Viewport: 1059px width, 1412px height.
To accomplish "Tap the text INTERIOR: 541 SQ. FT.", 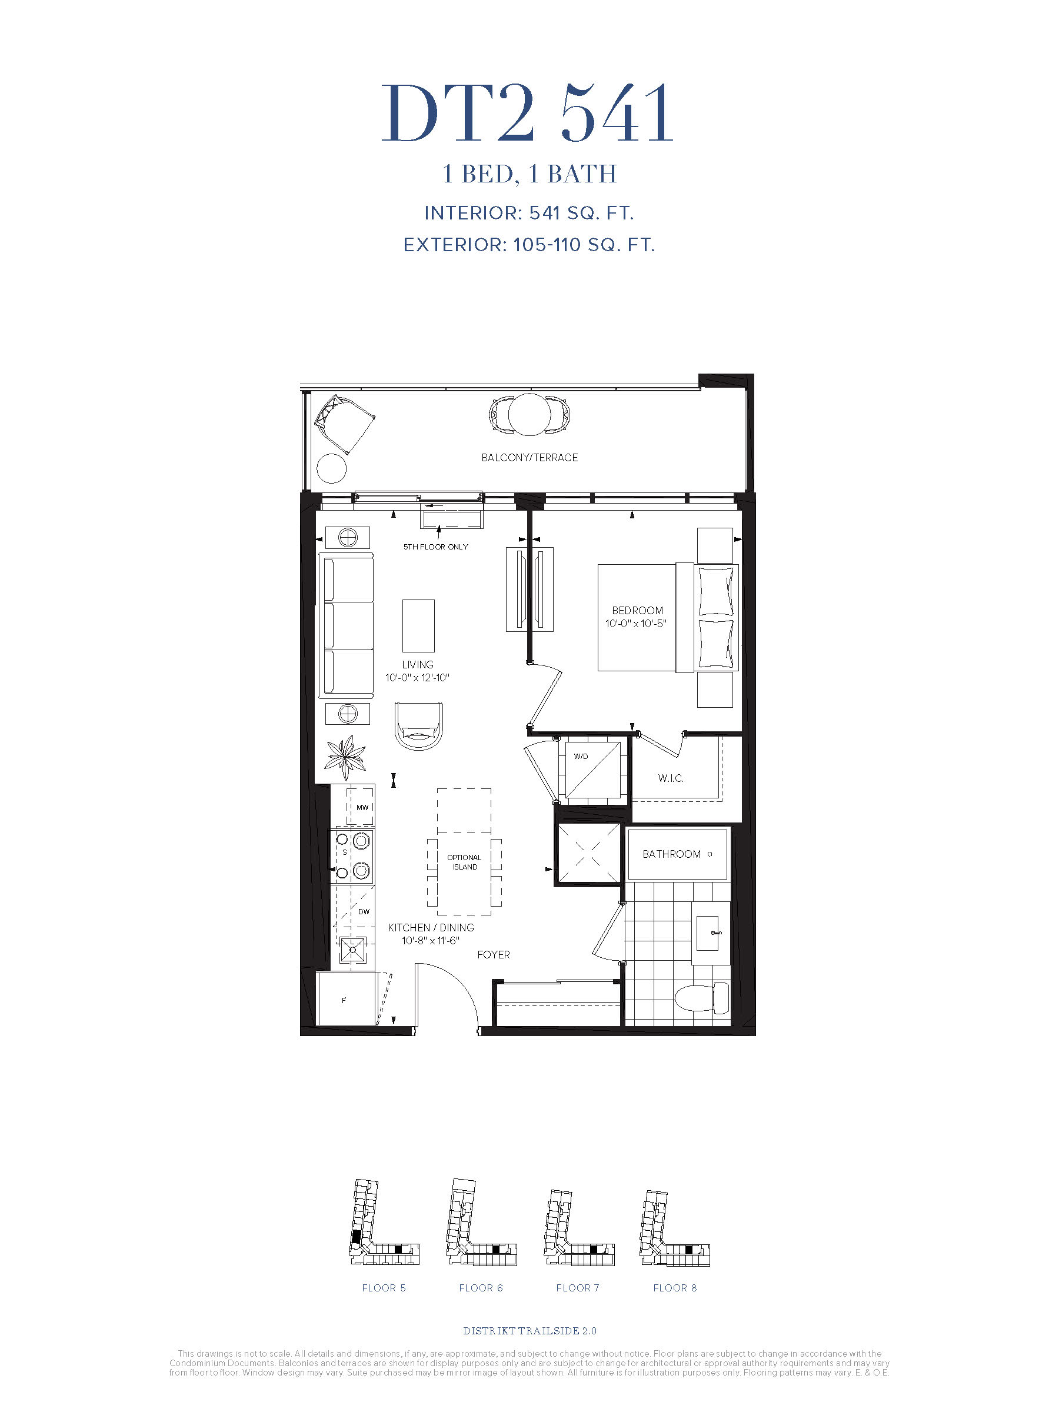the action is click(529, 213).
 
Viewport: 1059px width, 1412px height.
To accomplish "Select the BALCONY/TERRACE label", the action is click(529, 458).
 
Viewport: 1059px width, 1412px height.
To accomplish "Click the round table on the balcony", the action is click(529, 415).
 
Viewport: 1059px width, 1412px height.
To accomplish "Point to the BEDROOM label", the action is click(637, 611).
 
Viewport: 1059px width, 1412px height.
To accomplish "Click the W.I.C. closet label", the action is click(670, 778).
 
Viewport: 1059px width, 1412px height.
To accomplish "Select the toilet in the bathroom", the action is click(701, 997).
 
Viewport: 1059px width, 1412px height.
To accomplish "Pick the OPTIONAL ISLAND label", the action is click(464, 862).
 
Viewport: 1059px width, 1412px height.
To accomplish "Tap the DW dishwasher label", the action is click(364, 911).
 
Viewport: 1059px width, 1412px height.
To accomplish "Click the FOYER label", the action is click(494, 955).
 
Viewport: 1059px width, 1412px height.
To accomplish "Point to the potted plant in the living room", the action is click(345, 757).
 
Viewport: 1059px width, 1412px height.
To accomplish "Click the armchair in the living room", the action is click(419, 727).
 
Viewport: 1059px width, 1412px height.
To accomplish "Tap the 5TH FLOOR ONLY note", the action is click(435, 547).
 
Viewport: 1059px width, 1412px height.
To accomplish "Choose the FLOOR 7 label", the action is click(578, 1288).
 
